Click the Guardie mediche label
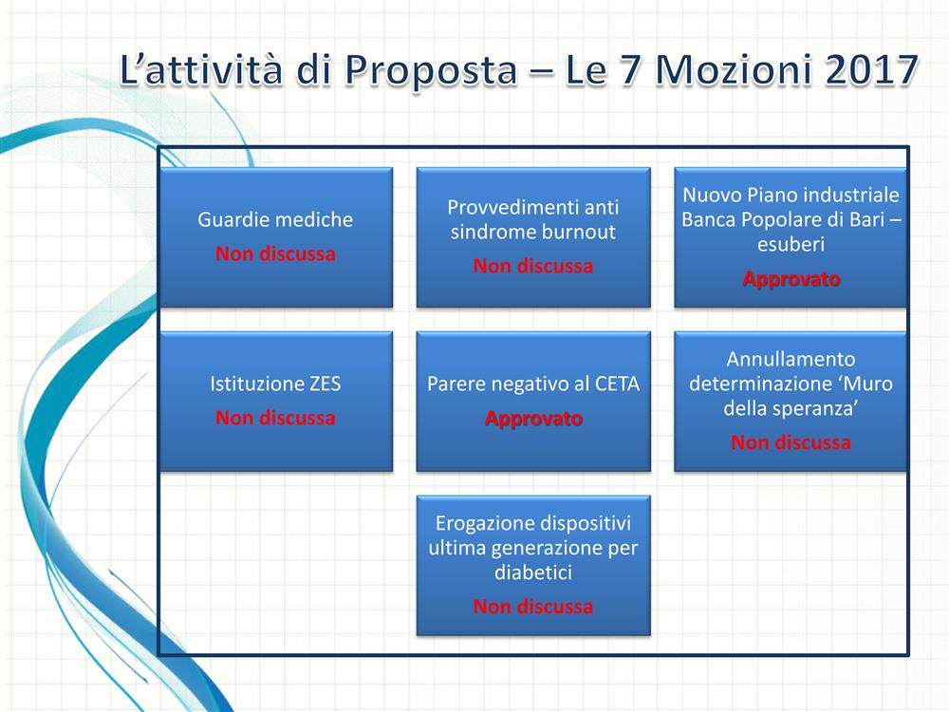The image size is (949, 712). (x=275, y=219)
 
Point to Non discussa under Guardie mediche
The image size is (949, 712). (x=275, y=253)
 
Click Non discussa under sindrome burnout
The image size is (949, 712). (x=533, y=266)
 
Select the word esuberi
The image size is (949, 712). (x=791, y=244)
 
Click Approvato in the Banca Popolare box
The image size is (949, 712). (x=791, y=279)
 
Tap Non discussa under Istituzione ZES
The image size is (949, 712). (x=275, y=418)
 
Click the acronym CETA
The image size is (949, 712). (x=618, y=384)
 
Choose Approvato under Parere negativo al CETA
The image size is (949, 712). (x=533, y=419)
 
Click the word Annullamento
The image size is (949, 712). (x=791, y=359)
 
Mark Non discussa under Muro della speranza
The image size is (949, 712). (x=791, y=442)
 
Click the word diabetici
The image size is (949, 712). (x=533, y=572)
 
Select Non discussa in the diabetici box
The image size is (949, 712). (x=533, y=607)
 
